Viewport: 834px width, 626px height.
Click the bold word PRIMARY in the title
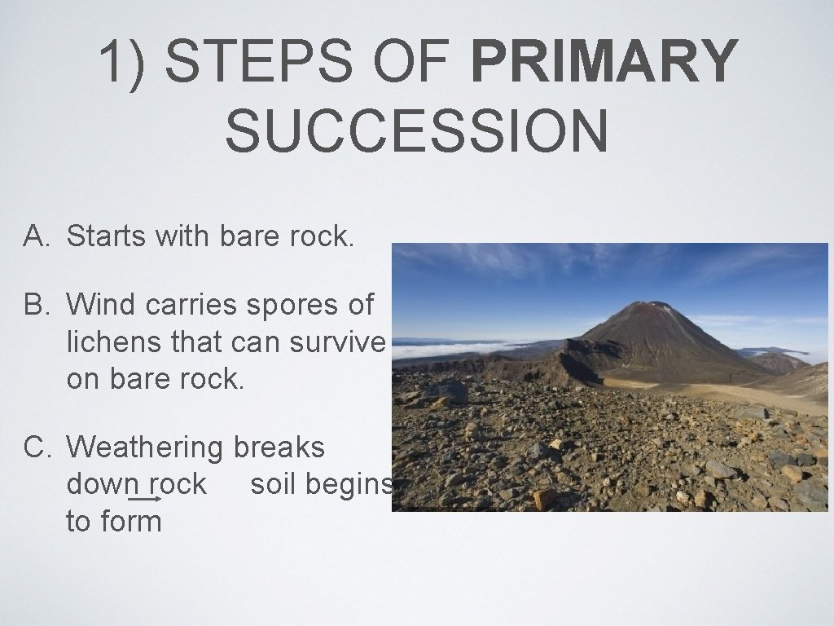(x=604, y=62)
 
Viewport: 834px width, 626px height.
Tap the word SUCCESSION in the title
(x=416, y=132)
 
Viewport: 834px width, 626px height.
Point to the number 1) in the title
(x=124, y=62)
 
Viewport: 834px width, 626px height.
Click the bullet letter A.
(x=37, y=236)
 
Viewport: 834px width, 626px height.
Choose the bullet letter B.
(x=37, y=305)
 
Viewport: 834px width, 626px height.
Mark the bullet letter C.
(x=37, y=447)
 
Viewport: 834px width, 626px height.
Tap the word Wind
(x=102, y=305)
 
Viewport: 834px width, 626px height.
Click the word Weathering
(x=145, y=447)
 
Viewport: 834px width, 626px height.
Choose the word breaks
(x=279, y=447)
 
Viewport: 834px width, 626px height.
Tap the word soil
(x=274, y=484)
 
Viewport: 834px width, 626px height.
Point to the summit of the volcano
(x=652, y=306)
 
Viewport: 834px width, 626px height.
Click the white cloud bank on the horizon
(x=456, y=349)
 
